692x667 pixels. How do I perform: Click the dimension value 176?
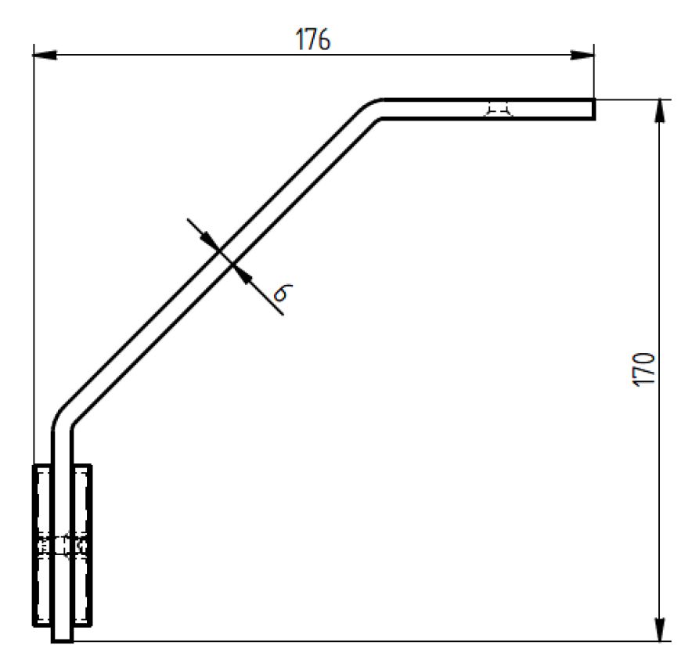pos(312,39)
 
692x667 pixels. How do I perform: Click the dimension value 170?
pos(643,370)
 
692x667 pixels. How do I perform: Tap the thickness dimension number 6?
pos(283,292)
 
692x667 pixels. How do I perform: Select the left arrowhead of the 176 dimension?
pos(45,55)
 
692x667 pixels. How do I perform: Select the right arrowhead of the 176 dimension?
pos(582,55)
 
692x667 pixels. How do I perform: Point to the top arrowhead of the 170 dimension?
pos(659,111)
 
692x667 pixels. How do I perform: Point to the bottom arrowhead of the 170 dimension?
pos(659,629)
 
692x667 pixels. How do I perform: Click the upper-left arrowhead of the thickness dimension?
pos(209,241)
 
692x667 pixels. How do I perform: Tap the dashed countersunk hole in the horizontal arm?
pos(499,110)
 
